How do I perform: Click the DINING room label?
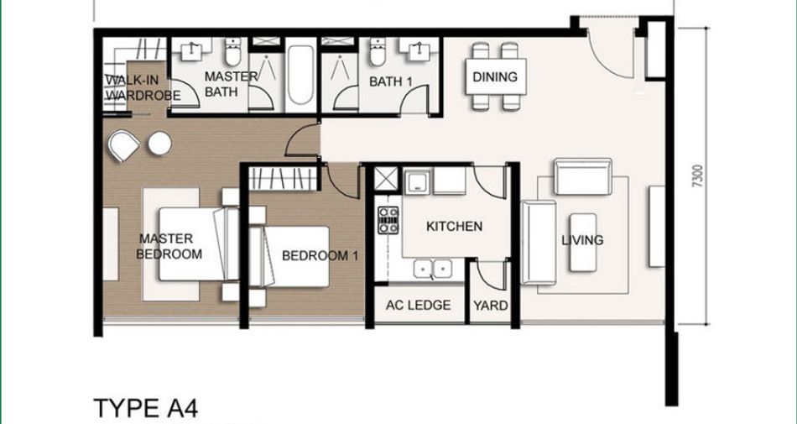495,76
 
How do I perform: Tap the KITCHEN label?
454,226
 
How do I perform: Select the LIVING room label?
582,240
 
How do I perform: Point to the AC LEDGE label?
418,305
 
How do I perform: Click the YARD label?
491,306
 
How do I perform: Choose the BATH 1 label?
390,81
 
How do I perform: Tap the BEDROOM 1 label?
320,255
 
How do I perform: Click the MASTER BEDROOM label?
169,246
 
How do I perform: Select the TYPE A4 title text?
146,409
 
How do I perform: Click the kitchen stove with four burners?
388,220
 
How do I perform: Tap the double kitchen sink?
433,269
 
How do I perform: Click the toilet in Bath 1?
378,52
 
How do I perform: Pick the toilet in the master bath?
232,52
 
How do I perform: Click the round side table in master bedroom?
159,144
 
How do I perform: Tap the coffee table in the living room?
583,243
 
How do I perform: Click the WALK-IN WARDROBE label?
143,87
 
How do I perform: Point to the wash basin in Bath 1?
419,49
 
